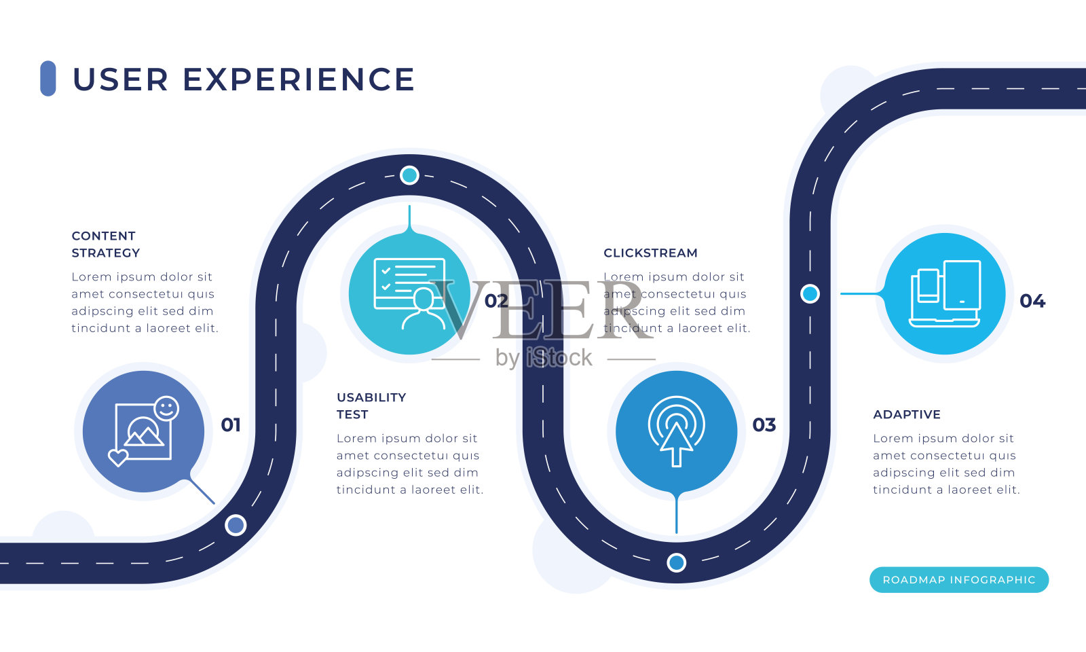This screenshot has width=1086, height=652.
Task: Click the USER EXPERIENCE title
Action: [243, 79]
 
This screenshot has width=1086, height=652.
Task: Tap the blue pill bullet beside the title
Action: [48, 79]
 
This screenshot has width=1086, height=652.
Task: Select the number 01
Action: [231, 425]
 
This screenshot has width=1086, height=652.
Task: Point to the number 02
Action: [496, 301]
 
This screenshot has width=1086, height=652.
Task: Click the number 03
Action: [764, 425]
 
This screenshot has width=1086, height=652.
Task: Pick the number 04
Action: [1032, 301]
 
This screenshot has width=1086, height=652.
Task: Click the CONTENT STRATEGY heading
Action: [106, 244]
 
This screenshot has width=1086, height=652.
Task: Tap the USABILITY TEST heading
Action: [371, 405]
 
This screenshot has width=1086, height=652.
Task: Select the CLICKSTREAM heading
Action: [650, 253]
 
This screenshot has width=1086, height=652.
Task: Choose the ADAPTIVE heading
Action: [907, 414]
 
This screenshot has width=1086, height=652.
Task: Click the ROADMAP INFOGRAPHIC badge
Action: [958, 580]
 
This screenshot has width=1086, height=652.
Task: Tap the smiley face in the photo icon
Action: [166, 408]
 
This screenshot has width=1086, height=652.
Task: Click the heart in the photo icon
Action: [118, 457]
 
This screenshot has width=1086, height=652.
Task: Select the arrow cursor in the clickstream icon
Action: [676, 443]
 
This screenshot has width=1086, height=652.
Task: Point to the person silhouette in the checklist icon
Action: [423, 310]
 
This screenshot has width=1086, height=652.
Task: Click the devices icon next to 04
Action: [944, 293]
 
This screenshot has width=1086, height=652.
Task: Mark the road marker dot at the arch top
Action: [409, 175]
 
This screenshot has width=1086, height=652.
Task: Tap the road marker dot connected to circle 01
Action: [236, 525]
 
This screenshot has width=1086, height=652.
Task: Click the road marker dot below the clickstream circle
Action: [676, 562]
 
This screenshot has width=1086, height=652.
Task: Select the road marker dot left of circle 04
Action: [810, 294]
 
